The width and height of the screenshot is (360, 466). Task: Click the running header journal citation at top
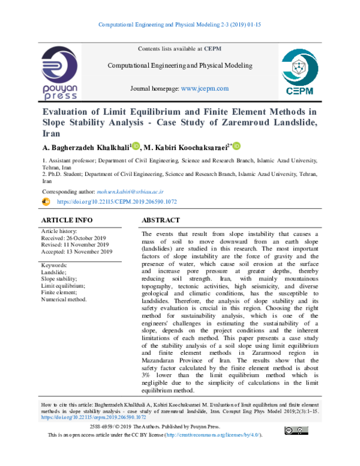click(x=180, y=25)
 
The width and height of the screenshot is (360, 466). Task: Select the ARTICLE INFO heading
click(x=67, y=220)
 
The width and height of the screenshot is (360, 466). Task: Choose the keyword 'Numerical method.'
click(x=64, y=299)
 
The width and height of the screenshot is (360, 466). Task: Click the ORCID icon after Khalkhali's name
click(x=136, y=146)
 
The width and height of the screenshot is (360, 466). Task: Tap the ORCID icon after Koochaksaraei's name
click(x=236, y=146)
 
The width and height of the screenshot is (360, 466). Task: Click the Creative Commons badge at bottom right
click(x=298, y=430)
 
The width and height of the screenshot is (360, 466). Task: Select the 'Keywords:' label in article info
click(x=53, y=265)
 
